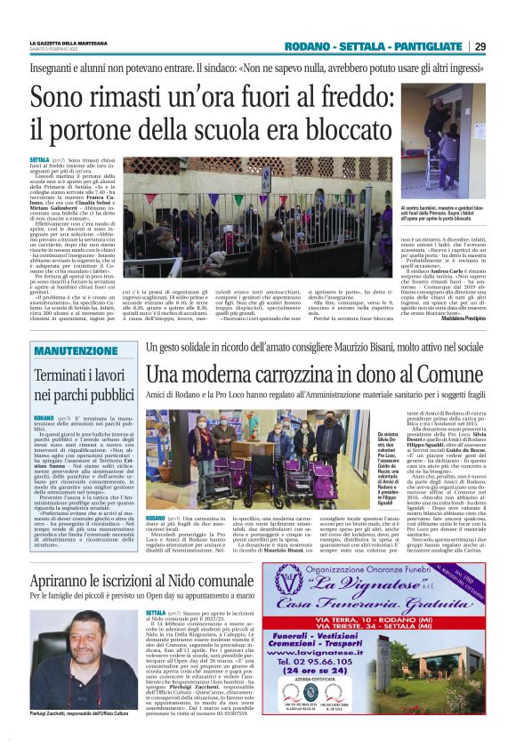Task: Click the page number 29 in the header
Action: click(480, 46)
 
